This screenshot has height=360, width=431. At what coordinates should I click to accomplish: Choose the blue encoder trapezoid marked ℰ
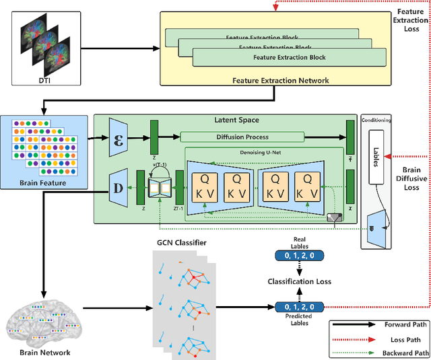tap(118, 139)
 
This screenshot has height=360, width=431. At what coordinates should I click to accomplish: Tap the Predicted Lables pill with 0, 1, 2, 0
tap(300, 307)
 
